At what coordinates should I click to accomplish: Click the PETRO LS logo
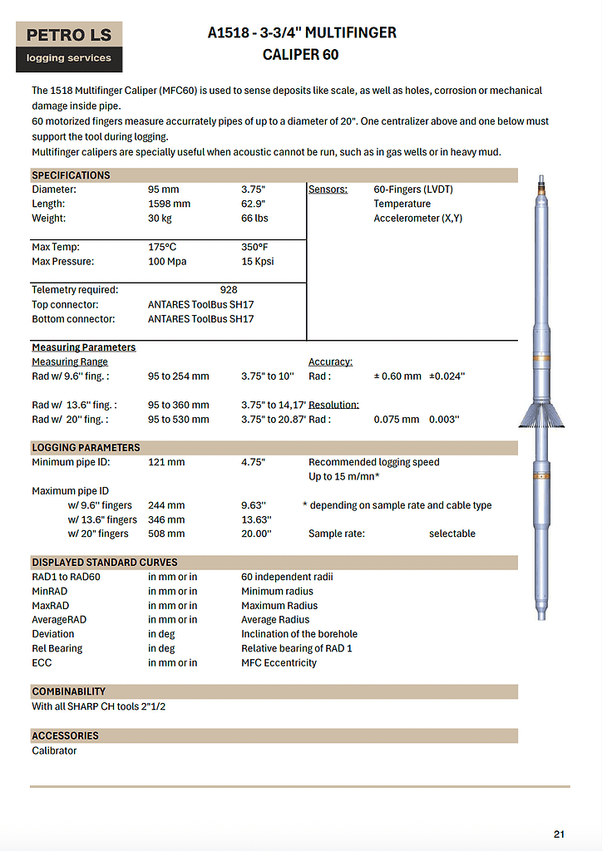coord(69,47)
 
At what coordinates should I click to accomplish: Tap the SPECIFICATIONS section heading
coord(71,175)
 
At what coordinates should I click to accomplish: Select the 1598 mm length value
coord(169,204)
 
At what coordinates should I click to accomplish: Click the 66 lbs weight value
coord(254,219)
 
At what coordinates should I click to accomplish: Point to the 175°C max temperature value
coord(162,247)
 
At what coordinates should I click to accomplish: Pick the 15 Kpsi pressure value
coord(258,262)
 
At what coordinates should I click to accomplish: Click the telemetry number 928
coord(229,290)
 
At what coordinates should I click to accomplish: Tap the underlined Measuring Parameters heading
coord(83,347)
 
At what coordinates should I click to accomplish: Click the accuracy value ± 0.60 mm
coord(397,376)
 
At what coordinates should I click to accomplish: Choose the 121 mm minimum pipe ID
coord(166,462)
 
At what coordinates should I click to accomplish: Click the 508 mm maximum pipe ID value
coord(166,534)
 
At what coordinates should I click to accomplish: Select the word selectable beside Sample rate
coord(452,534)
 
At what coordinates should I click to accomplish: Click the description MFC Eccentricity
coord(279,663)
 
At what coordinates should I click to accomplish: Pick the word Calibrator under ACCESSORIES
coord(54,750)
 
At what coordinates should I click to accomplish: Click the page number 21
coord(559,834)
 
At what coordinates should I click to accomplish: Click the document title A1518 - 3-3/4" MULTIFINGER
coord(302,33)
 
